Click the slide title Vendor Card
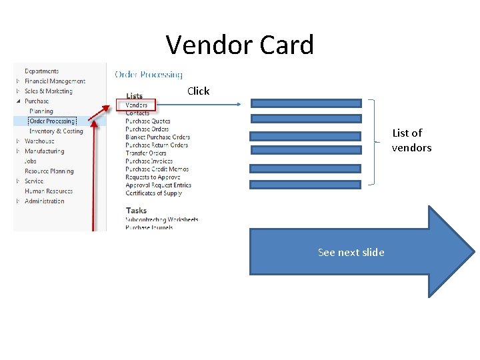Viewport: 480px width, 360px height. point(239,45)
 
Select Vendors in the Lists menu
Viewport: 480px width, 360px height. point(137,105)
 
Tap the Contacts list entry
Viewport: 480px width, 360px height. point(137,113)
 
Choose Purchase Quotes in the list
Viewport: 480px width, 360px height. point(147,121)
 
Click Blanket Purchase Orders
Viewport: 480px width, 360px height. point(157,137)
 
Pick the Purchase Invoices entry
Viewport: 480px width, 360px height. point(149,161)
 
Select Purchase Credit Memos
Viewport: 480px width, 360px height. point(157,169)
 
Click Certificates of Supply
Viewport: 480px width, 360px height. point(153,193)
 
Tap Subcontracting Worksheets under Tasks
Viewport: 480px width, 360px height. point(161,219)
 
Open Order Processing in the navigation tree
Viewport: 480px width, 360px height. point(52,121)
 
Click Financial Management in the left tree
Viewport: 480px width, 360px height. point(55,81)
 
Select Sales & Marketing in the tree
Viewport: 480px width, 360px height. point(48,91)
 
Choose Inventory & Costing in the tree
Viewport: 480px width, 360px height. point(56,131)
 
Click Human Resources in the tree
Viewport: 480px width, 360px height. point(49,191)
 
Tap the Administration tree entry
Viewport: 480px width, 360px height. point(44,201)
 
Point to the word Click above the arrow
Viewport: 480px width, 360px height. point(198,91)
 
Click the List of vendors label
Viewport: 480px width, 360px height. point(411,140)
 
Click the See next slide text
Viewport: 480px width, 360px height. point(351,252)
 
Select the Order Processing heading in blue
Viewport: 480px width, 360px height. point(148,75)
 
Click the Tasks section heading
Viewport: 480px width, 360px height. point(136,210)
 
